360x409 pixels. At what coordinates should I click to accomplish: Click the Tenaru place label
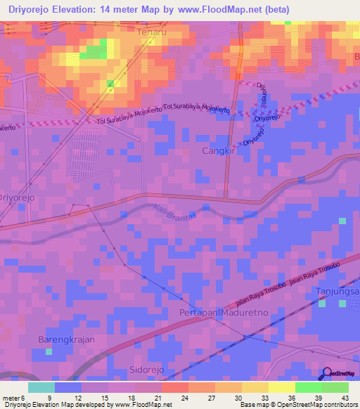[154, 32]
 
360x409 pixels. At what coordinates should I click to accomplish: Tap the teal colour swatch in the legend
[41, 387]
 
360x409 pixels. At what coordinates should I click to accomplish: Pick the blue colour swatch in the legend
[68, 387]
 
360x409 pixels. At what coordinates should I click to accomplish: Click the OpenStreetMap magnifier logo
[327, 375]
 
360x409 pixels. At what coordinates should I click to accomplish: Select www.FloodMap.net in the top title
[222, 9]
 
